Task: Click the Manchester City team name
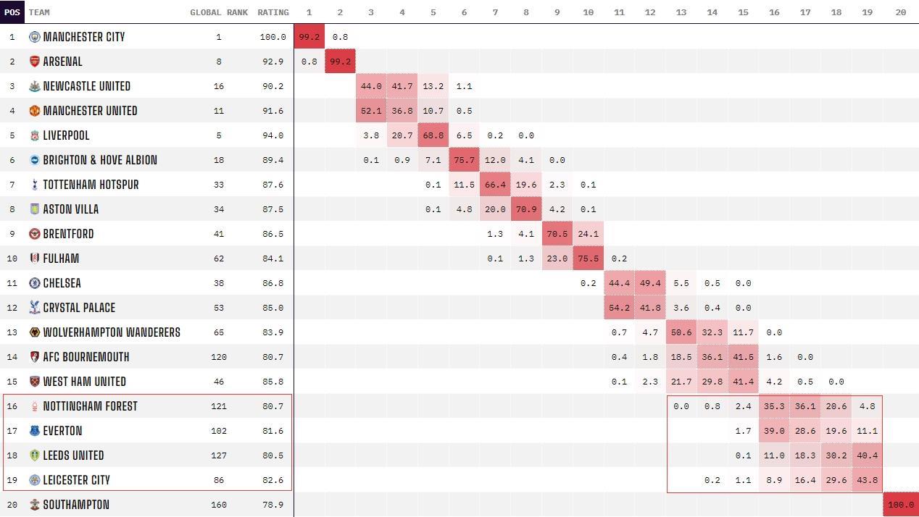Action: click(x=84, y=37)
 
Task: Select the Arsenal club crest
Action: click(x=35, y=62)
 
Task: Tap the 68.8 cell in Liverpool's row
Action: click(x=433, y=135)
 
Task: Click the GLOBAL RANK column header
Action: click(x=219, y=12)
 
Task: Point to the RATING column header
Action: click(x=273, y=12)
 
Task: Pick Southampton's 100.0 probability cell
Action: click(x=901, y=505)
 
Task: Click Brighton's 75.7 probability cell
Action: click(x=465, y=160)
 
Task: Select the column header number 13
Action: click(x=681, y=12)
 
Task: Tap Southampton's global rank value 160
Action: click(x=219, y=505)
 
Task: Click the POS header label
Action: click(x=12, y=12)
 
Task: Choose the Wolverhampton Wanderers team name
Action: click(x=112, y=332)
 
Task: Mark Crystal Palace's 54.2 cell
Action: click(x=619, y=308)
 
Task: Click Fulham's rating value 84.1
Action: click(x=273, y=258)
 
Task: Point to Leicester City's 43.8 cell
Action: click(x=867, y=480)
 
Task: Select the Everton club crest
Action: click(x=35, y=431)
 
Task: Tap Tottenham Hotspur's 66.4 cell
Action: click(x=495, y=185)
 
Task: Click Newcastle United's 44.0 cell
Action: click(x=371, y=86)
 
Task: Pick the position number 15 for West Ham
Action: click(x=12, y=382)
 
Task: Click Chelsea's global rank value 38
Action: click(x=219, y=283)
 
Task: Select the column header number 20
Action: click(x=901, y=12)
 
